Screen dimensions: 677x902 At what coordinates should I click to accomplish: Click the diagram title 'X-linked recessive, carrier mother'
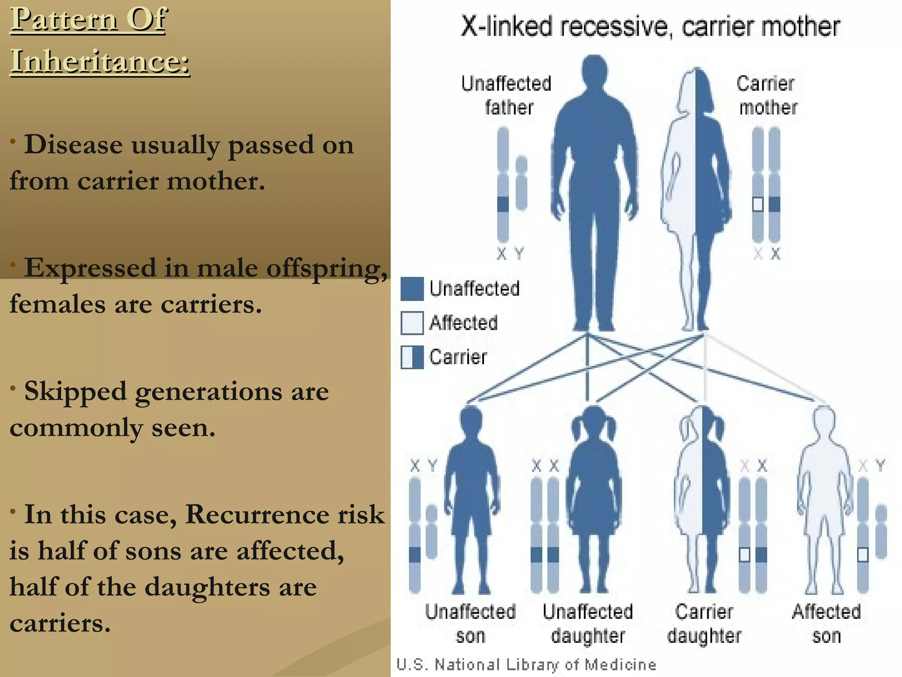650,26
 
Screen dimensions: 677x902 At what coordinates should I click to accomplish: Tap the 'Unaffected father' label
507,95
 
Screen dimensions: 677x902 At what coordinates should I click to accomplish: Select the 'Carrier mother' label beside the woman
767,95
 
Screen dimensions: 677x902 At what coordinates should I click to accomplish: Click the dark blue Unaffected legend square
412,289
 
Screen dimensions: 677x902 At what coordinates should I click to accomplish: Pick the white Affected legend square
412,323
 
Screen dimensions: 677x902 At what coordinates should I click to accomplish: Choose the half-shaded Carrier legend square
412,357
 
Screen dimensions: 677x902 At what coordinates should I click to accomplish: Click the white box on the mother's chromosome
758,204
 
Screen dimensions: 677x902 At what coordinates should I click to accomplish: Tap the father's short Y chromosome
521,182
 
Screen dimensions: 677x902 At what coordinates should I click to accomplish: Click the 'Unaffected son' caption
470,623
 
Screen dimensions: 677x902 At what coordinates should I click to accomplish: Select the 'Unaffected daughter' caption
588,623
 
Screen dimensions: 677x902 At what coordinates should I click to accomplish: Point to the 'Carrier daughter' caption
704,623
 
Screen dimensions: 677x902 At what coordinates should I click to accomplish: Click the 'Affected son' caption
826,623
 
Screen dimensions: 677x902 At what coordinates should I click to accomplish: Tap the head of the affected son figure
824,421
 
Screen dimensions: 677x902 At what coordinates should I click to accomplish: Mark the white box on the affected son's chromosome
863,554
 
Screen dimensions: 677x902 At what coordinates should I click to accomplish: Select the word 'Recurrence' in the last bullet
257,514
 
